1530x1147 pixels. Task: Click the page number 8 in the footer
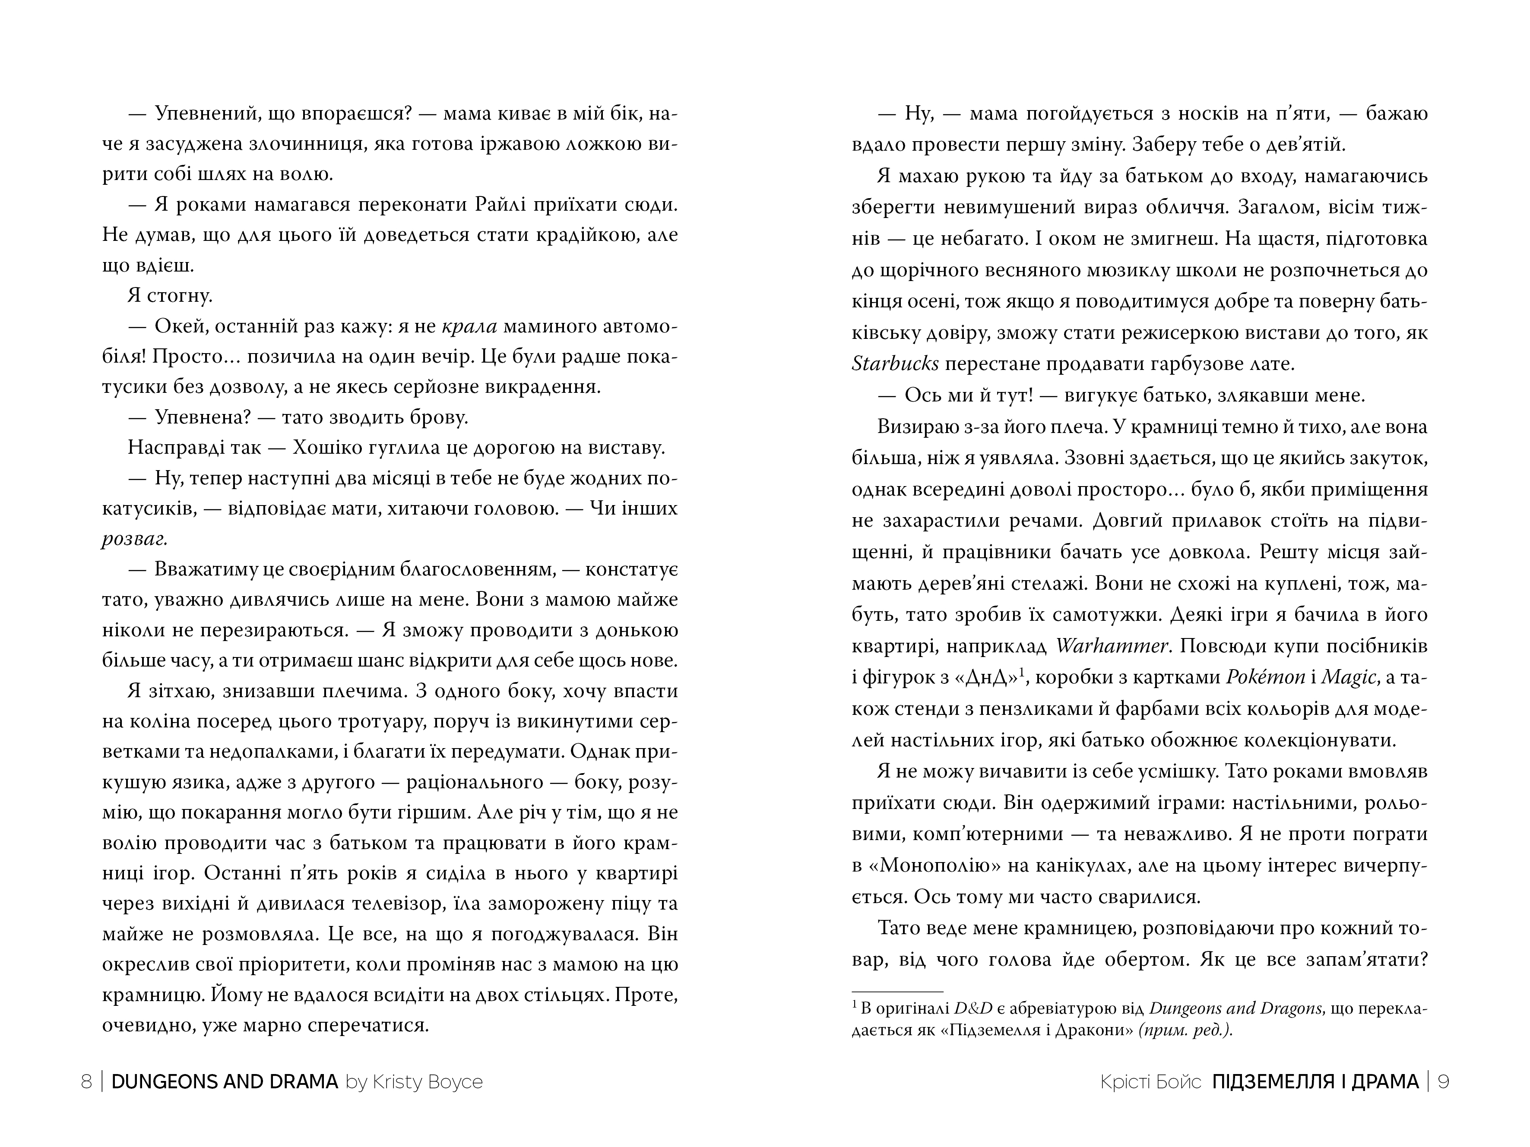86,1081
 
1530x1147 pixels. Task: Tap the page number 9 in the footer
1444,1081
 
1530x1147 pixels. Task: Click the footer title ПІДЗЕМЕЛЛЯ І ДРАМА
1315,1081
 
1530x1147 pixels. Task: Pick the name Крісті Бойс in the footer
1150,1081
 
